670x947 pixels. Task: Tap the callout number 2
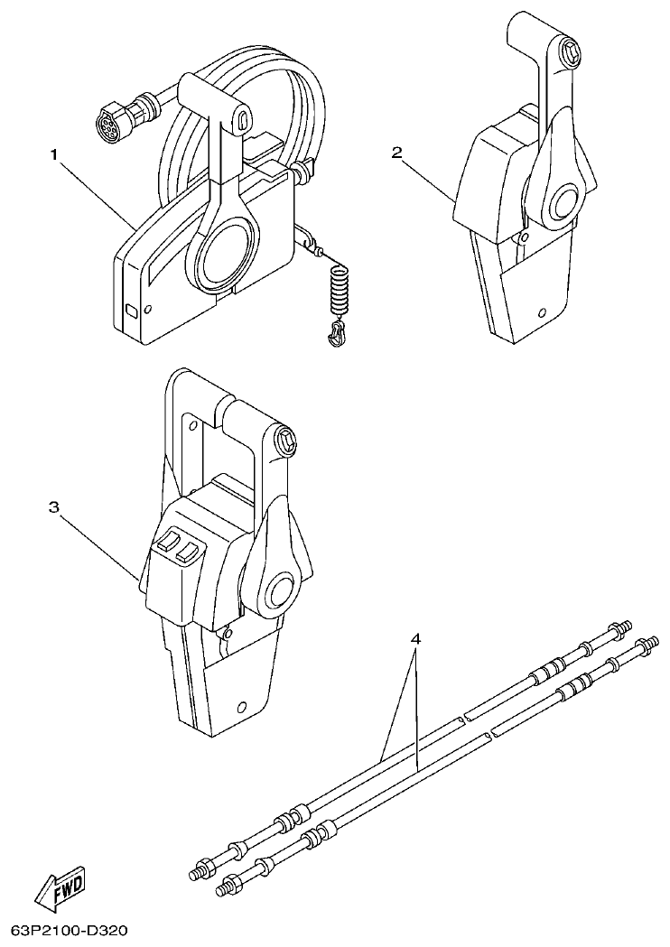pos(396,152)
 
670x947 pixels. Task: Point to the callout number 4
pos(415,639)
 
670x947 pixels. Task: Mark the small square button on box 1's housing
pos(132,312)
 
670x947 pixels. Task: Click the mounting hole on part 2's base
pos(541,314)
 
